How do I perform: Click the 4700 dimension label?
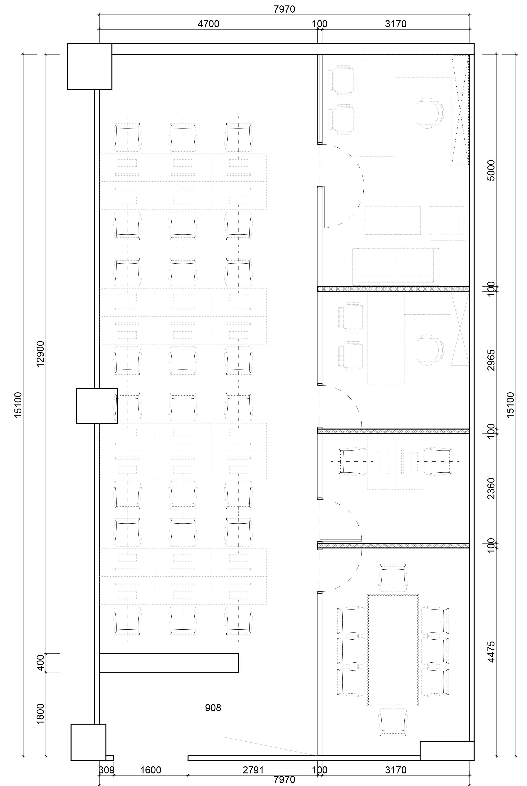pos(208,24)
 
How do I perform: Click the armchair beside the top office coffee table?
pos(448,220)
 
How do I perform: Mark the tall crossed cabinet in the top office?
pos(460,110)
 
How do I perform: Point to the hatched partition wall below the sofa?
pos(393,288)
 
